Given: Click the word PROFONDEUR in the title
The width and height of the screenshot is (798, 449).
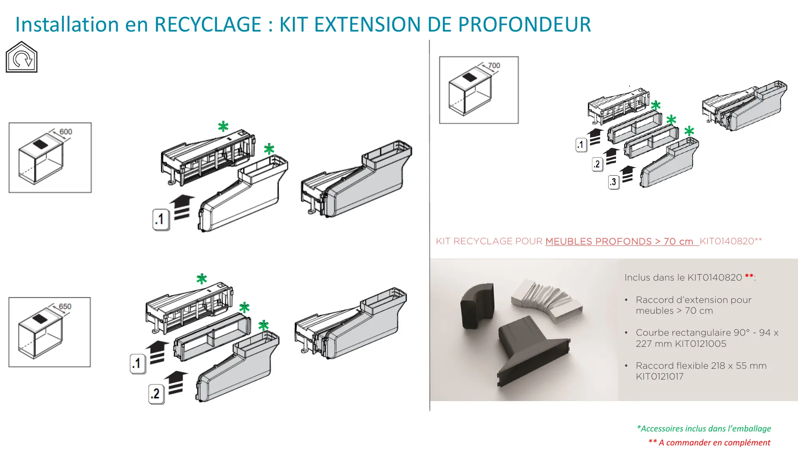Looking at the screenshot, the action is pos(525,24).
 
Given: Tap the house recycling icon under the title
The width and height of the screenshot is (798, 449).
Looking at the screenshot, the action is pos(22,57).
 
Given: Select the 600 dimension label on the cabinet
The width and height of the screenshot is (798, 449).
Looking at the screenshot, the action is pos(66,132).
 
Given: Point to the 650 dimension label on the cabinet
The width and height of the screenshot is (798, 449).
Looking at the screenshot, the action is pos(65,307).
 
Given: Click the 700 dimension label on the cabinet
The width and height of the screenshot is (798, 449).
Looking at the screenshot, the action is pos(494,65).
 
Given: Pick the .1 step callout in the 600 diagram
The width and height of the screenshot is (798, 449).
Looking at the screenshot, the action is pos(161,219).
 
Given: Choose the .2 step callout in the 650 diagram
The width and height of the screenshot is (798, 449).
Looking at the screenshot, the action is pos(156,394).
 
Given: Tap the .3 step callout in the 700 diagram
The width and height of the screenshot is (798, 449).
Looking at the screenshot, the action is pos(614,182).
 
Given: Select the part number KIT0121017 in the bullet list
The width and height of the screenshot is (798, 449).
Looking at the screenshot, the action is pos(660,376).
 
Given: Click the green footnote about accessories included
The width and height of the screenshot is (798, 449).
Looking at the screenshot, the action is pos(704,429).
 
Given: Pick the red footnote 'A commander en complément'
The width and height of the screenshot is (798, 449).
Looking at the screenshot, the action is pos(709,442).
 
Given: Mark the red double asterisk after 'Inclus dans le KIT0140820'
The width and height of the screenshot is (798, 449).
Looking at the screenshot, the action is pos(749,276).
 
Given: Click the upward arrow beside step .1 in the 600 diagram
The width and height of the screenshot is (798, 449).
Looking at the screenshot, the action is pos(182,207).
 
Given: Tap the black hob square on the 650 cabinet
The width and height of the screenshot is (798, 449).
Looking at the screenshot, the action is pos(40,319).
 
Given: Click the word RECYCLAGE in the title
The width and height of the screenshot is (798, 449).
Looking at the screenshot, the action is pos(208,24).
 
